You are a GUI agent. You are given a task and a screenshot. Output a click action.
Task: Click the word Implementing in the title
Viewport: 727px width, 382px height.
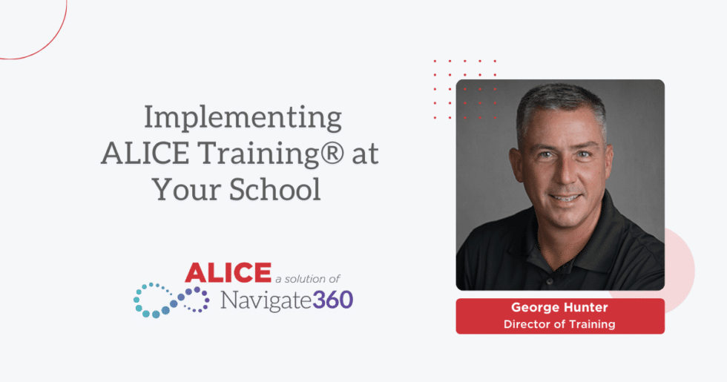(x=243, y=118)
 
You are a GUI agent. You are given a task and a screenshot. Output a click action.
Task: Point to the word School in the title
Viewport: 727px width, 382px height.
(x=278, y=190)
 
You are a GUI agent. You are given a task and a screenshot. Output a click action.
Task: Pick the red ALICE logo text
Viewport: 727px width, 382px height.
(x=228, y=273)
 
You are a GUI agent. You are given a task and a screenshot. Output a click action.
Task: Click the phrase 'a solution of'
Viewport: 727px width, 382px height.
(x=307, y=278)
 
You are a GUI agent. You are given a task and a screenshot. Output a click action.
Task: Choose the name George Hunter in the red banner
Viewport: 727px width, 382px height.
(x=559, y=308)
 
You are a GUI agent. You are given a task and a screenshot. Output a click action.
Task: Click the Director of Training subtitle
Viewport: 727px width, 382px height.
(x=559, y=324)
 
